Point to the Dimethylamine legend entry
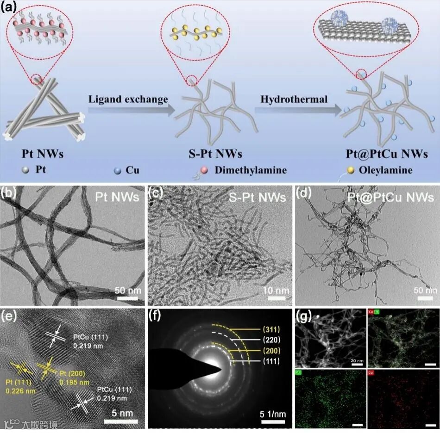coord(250,170)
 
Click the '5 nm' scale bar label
coord(119,412)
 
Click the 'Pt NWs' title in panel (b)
coord(116,198)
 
